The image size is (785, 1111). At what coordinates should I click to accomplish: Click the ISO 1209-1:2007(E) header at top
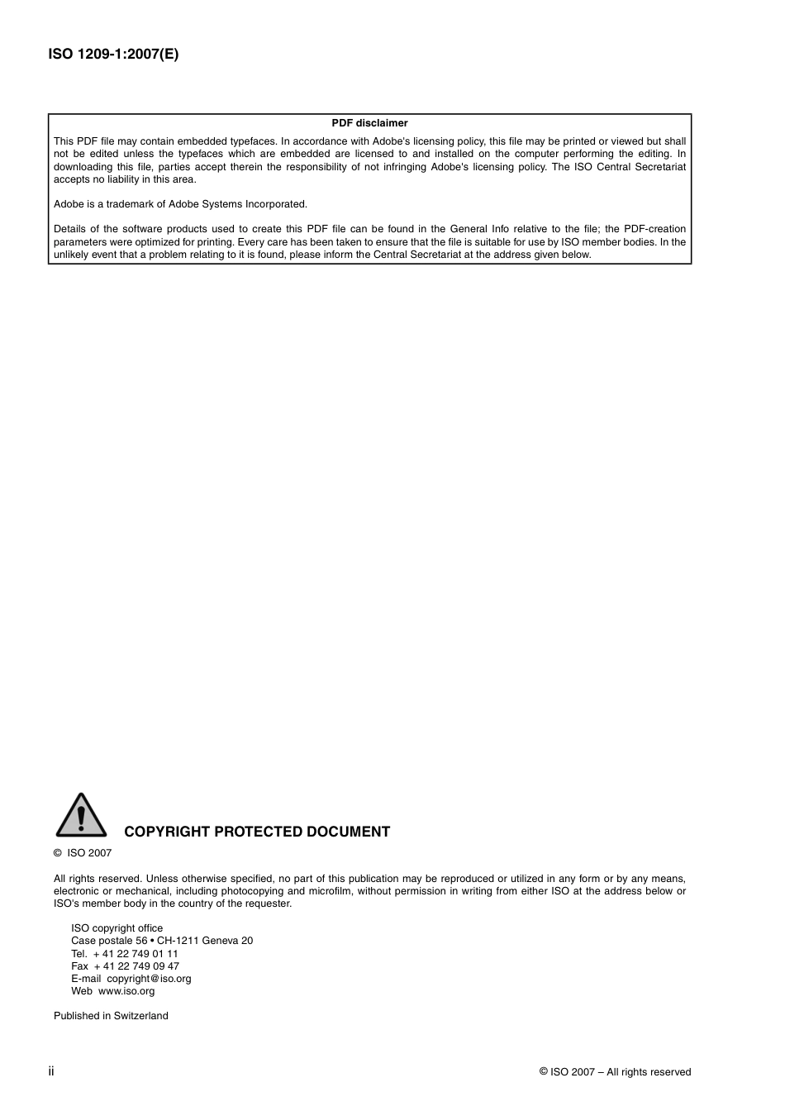[113, 55]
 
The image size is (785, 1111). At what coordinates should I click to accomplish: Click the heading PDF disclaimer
[369, 123]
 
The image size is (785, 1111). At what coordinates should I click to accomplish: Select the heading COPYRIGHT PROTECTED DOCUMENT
[257, 832]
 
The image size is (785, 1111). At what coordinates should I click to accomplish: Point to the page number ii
[51, 1071]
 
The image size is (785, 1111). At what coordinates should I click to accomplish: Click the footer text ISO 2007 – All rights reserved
[615, 1072]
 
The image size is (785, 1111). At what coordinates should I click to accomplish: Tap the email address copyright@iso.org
[149, 978]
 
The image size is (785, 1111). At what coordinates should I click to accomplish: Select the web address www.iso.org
[126, 990]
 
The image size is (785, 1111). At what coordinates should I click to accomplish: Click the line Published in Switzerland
[111, 1016]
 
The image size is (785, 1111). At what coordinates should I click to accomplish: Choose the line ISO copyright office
[117, 928]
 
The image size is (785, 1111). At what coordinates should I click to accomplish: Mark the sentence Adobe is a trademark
[180, 204]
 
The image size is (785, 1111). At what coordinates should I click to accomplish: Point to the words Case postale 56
[109, 941]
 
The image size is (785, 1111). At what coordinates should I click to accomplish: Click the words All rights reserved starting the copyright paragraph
[98, 879]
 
